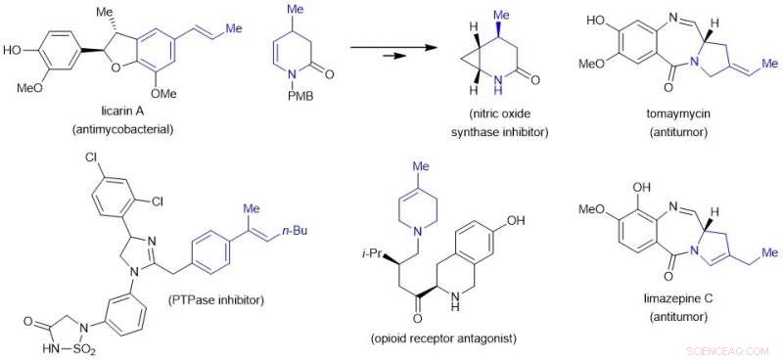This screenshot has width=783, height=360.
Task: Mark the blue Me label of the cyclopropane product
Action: [503, 16]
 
